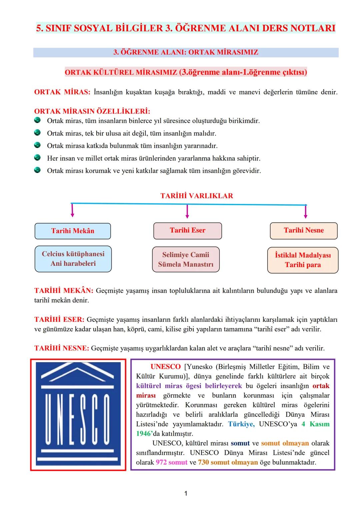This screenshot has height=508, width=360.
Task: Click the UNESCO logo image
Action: click(x=78, y=414)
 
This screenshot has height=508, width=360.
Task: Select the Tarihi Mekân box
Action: click(x=73, y=231)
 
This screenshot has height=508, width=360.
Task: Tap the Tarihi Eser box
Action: click(x=187, y=231)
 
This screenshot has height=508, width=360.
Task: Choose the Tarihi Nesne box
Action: click(x=304, y=231)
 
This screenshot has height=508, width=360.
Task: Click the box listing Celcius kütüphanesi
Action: click(x=73, y=259)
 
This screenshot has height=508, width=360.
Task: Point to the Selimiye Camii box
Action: click(x=186, y=259)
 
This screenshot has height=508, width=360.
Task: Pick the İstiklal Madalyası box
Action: click(x=303, y=260)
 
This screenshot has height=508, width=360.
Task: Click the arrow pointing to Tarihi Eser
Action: click(x=187, y=211)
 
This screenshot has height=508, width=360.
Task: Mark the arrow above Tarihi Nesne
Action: click(x=306, y=211)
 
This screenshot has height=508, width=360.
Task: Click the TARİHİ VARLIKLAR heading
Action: click(x=197, y=196)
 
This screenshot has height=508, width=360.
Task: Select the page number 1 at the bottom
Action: click(x=186, y=493)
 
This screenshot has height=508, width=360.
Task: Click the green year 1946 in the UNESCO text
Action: click(x=143, y=434)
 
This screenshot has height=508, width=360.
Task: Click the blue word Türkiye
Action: click(x=241, y=424)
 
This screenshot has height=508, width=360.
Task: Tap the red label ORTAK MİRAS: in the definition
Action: click(x=62, y=92)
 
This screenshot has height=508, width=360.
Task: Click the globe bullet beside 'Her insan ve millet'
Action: click(x=37, y=158)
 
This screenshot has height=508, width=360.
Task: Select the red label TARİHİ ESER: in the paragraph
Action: click(x=59, y=320)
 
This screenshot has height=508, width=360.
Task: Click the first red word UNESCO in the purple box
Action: click(x=165, y=367)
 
